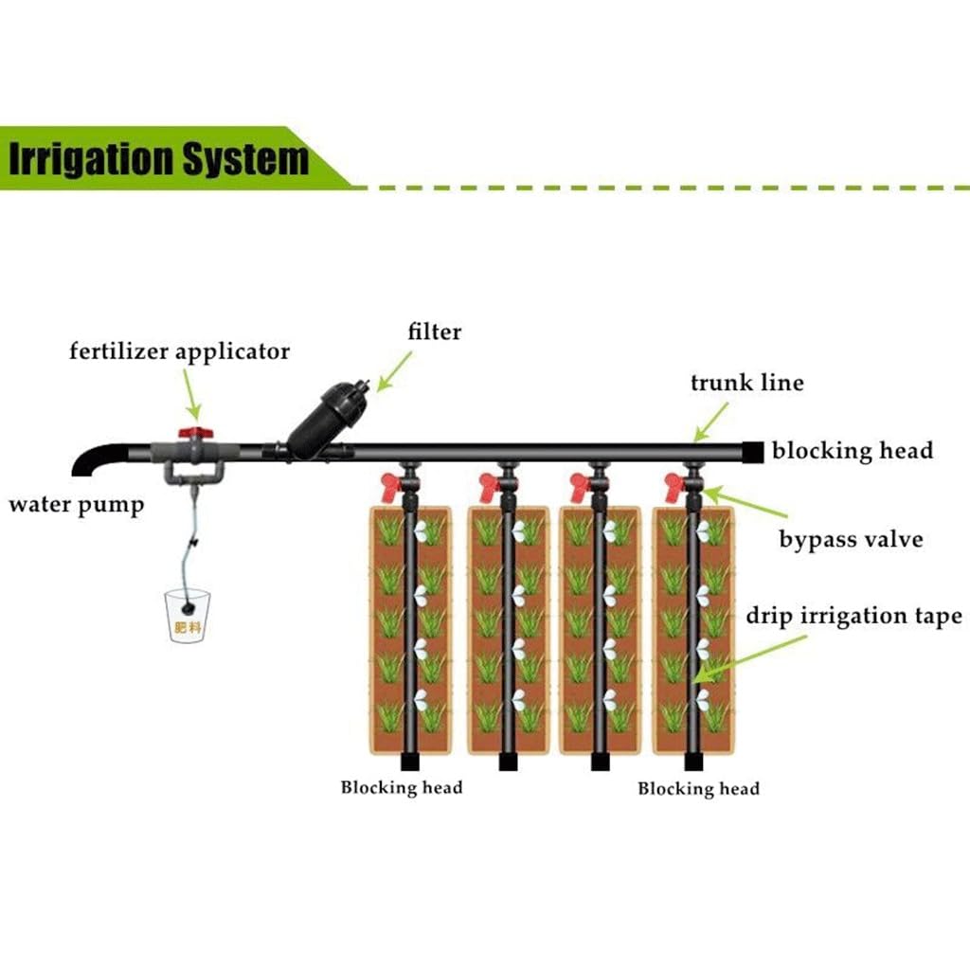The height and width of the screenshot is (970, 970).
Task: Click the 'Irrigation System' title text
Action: (158, 159)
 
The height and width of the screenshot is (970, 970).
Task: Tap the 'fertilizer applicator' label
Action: (179, 351)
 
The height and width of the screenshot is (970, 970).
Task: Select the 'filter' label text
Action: (434, 332)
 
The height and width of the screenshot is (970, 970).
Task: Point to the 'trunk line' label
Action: (747, 383)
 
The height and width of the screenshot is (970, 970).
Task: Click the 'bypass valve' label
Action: (851, 539)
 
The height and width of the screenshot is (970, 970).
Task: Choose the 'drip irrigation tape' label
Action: (853, 616)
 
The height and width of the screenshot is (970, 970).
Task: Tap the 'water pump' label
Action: (77, 505)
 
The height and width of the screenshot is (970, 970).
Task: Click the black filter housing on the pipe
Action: (328, 421)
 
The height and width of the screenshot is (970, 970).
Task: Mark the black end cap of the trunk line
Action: (753, 452)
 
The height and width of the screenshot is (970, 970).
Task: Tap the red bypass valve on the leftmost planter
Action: (391, 487)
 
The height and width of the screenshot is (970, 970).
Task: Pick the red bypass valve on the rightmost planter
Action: (674, 487)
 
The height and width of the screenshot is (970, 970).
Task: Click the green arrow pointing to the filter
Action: (394, 371)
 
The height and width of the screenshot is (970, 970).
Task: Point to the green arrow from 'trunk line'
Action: (710, 422)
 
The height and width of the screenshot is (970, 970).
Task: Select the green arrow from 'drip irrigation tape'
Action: (750, 659)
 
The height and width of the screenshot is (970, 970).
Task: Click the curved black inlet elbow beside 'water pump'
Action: (99, 458)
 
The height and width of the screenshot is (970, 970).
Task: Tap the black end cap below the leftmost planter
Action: (410, 762)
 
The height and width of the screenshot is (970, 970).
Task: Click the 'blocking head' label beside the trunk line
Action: (853, 450)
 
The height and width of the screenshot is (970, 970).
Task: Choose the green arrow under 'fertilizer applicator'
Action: (192, 395)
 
